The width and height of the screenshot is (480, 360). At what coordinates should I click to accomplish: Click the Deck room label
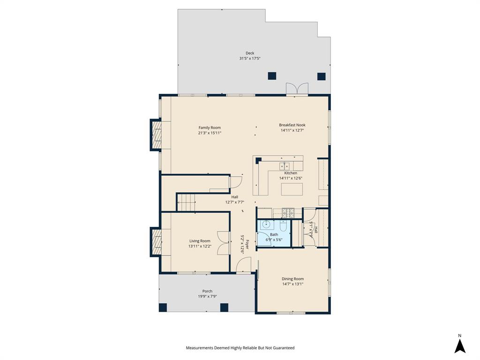249,53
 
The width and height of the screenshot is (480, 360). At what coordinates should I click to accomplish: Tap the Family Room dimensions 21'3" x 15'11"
209,133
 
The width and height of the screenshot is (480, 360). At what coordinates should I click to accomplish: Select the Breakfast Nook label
292,125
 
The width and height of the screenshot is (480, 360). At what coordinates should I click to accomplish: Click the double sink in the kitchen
285,166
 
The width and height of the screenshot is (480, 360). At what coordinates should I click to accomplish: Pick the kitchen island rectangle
292,189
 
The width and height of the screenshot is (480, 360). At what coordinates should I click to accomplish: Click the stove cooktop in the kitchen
287,213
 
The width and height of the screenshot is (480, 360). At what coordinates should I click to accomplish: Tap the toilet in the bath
283,226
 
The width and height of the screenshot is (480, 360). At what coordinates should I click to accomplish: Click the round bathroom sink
265,225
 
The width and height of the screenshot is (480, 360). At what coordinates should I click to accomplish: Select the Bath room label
274,234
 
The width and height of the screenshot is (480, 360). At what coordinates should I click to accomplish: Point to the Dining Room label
292,279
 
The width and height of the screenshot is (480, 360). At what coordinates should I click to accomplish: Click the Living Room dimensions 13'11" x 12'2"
200,246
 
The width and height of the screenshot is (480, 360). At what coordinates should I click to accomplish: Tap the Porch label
207,291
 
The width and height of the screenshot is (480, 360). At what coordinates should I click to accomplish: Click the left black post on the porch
163,307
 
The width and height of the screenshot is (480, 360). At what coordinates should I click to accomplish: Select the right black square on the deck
321,76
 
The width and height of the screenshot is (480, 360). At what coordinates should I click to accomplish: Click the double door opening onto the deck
297,89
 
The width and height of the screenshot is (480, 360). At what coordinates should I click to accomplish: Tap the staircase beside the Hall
187,202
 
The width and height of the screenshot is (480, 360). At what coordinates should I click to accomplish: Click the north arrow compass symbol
460,345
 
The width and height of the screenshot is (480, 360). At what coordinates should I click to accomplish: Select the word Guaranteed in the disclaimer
281,348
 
